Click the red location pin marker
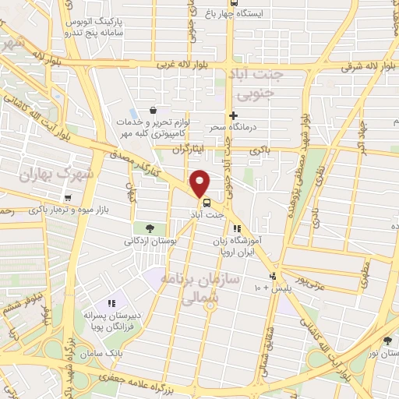pyautogui.click(x=200, y=182)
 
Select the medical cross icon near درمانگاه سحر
pyautogui.click(x=232, y=115)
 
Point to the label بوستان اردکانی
pyautogui.click(x=150, y=241)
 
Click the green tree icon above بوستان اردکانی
pyautogui.click(x=150, y=228)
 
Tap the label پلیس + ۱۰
pyautogui.click(x=269, y=288)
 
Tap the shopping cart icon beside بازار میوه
pyautogui.click(x=69, y=198)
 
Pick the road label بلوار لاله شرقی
pyautogui.click(x=366, y=66)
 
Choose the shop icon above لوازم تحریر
pyautogui.click(x=153, y=111)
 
